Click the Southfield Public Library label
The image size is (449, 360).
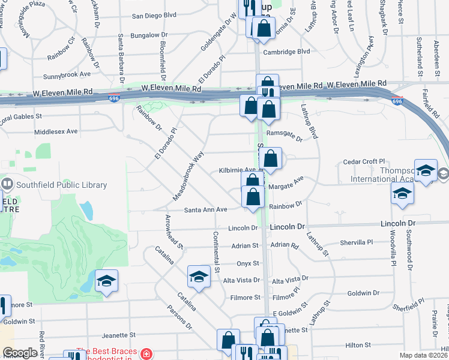[57, 185]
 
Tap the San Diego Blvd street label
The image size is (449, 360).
[154, 16]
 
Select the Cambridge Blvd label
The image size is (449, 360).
[287, 52]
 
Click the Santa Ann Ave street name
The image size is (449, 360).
[205, 209]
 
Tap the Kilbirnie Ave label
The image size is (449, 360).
[238, 170]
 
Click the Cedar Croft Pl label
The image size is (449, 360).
[363, 162]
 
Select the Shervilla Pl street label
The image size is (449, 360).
[357, 242]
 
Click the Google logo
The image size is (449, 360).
[20, 353]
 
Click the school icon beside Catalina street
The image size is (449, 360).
[199, 276]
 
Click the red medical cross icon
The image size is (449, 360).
[146, 353]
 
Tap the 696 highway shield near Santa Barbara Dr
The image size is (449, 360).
[113, 98]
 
